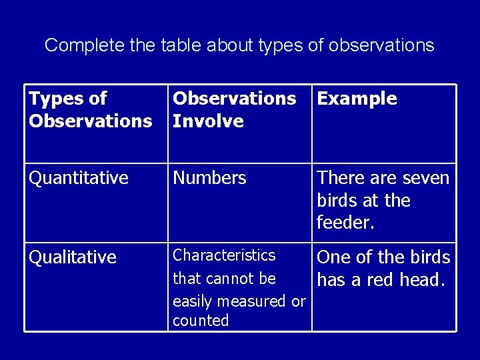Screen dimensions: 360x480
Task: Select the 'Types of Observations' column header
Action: point(90,110)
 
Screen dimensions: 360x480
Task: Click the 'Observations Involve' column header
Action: point(234,110)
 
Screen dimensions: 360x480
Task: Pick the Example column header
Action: point(357,99)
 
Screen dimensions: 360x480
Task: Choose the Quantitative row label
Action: point(79,178)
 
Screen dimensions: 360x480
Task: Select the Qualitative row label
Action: point(72,257)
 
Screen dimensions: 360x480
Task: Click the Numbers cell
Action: point(209,178)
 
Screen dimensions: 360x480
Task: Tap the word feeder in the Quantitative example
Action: point(345,223)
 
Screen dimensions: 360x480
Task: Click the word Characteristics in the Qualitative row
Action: point(224,255)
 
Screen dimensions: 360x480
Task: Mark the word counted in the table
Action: point(201,321)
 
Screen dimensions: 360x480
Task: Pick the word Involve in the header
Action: point(208,121)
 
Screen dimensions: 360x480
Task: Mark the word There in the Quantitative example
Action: point(338,178)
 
